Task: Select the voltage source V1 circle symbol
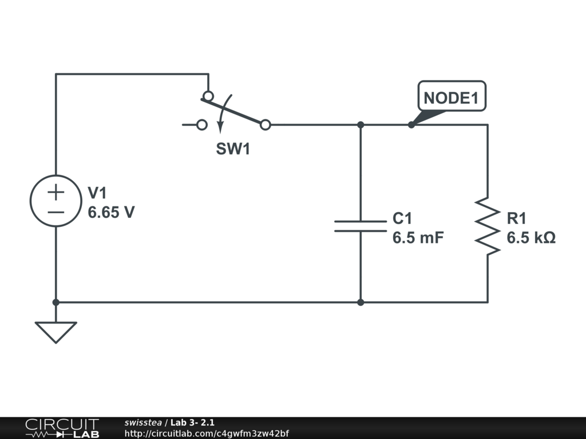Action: point(56,201)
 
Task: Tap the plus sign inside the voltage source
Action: point(56,192)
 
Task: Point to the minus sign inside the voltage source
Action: point(56,211)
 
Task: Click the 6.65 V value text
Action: point(111,213)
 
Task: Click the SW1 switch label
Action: point(233,150)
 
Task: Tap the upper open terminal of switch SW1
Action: point(208,95)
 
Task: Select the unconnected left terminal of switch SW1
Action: point(201,124)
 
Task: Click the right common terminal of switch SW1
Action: point(266,124)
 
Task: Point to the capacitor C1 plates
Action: point(361,226)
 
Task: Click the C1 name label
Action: point(402,218)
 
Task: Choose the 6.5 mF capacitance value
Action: point(418,238)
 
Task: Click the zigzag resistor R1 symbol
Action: point(488,226)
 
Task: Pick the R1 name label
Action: point(517,218)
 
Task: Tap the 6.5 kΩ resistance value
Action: point(531,238)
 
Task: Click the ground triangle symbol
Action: point(56,331)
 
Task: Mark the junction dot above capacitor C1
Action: point(361,124)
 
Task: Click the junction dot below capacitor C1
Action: point(361,302)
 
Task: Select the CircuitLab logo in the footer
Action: point(62,428)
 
